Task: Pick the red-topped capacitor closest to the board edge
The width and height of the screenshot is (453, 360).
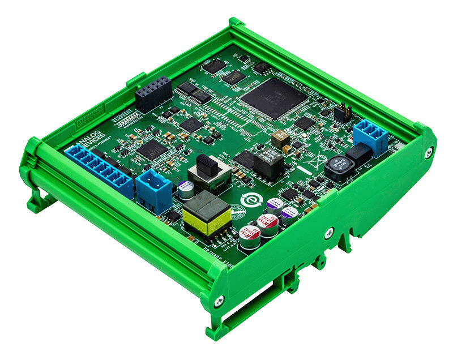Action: point(250,237)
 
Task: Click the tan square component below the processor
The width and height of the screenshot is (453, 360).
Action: point(280,138)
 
